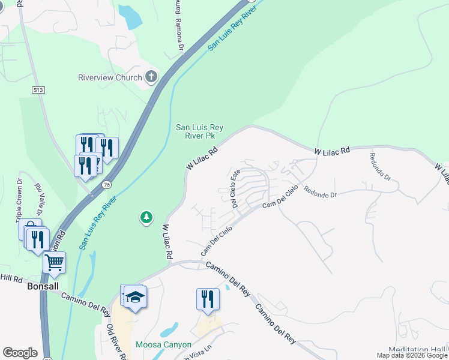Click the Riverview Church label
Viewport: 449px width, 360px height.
click(110, 77)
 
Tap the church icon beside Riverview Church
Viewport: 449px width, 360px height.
click(151, 77)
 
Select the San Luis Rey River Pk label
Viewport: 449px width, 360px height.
click(199, 131)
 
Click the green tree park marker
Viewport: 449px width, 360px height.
click(146, 217)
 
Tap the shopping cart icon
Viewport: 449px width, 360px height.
click(54, 262)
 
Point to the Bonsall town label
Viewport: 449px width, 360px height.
click(43, 287)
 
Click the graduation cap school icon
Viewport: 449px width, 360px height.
click(136, 297)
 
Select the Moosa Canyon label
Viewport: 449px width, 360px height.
click(163, 344)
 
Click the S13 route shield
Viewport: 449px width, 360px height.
click(38, 89)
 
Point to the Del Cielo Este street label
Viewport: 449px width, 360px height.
click(235, 188)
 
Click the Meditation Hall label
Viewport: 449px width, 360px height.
click(418, 350)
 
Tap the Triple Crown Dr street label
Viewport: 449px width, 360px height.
click(19, 197)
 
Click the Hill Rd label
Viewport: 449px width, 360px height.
click(11, 278)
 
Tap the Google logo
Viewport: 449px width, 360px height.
click(20, 353)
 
